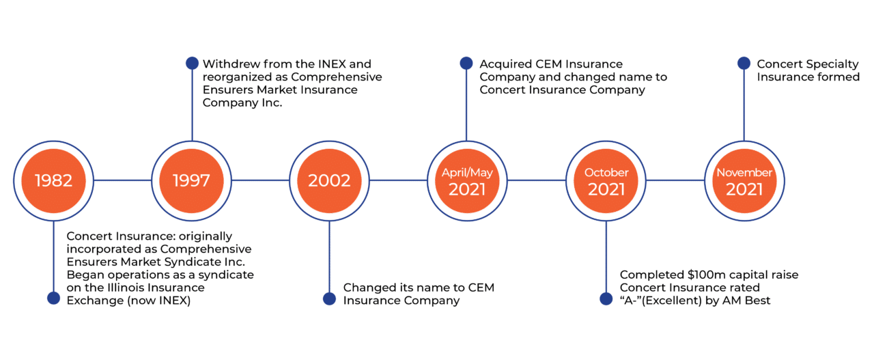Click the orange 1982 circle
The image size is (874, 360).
(x=53, y=181)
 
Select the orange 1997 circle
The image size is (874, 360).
(x=192, y=181)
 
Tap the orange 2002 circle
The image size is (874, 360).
(x=329, y=181)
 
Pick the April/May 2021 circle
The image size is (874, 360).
(x=467, y=181)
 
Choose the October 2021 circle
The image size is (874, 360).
(x=606, y=181)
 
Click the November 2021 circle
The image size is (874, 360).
(x=744, y=181)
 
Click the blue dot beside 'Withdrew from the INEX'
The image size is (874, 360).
(x=192, y=64)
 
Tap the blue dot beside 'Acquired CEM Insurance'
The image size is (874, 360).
(x=466, y=64)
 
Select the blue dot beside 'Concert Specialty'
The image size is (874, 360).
(x=744, y=64)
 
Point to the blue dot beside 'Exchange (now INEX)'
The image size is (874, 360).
(x=53, y=299)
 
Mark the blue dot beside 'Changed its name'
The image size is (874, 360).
(x=329, y=299)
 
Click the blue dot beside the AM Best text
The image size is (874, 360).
(x=606, y=299)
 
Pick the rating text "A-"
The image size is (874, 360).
(x=630, y=301)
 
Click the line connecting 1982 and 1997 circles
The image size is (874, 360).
(x=122, y=180)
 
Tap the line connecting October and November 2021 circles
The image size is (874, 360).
(x=675, y=180)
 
